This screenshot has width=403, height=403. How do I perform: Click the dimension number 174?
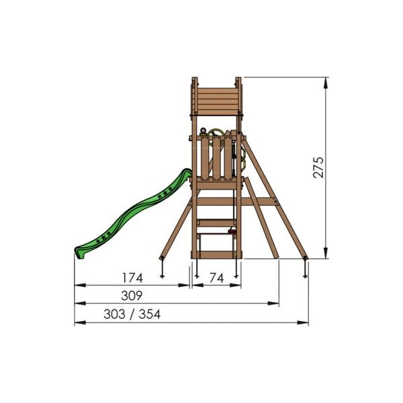point(132,278)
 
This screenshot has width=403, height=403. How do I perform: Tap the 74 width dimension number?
point(217,278)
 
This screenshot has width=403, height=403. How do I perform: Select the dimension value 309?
point(132,296)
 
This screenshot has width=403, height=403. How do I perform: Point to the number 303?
point(114,314)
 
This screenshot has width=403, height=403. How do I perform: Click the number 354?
point(150,314)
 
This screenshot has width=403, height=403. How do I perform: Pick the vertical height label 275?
point(318,167)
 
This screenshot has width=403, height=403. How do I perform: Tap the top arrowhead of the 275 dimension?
point(326,83)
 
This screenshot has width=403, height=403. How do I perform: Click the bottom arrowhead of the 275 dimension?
point(326,253)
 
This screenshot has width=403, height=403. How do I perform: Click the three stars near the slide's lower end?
point(103,238)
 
